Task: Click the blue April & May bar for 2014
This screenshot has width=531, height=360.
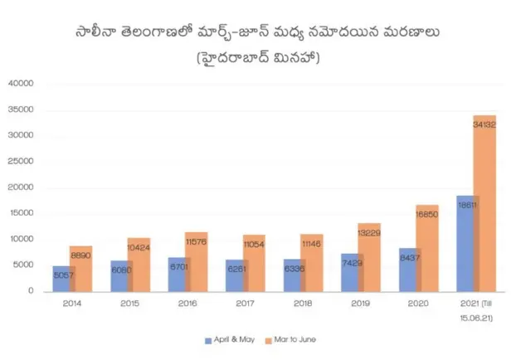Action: pyautogui.click(x=60, y=279)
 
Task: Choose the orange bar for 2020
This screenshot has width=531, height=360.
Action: pyautogui.click(x=426, y=248)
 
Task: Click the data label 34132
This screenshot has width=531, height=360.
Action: pyautogui.click(x=485, y=124)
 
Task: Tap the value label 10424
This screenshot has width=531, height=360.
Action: pyautogui.click(x=139, y=247)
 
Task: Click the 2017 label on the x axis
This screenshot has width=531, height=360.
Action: pyautogui.click(x=245, y=304)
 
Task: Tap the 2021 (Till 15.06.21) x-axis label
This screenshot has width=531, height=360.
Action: pyautogui.click(x=476, y=309)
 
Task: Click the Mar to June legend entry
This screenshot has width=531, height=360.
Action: pyautogui.click(x=290, y=339)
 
